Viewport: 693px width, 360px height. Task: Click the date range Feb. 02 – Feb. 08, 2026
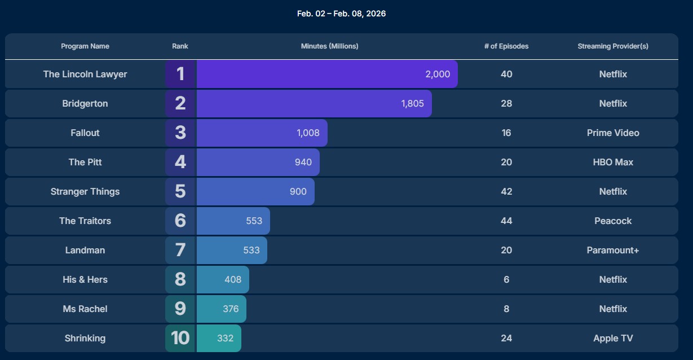(x=341, y=14)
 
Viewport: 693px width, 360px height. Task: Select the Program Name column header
(x=85, y=46)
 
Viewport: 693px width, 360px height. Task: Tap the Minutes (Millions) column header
(x=329, y=46)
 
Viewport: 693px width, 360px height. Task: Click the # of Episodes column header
(x=506, y=46)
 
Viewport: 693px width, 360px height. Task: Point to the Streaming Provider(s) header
(x=613, y=46)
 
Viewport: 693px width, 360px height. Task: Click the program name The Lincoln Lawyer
(x=85, y=74)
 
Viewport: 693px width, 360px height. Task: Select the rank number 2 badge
(x=180, y=104)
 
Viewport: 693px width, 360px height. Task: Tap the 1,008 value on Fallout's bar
(x=308, y=133)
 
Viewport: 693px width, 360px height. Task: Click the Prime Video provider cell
(x=613, y=133)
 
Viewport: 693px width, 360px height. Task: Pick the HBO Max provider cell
(x=613, y=163)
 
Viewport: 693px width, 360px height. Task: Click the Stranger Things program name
(x=85, y=192)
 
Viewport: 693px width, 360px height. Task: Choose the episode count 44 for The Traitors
(x=506, y=221)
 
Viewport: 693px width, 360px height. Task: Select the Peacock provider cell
(x=613, y=221)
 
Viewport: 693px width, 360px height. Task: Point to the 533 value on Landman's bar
(x=251, y=251)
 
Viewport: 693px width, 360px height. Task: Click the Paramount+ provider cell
(x=613, y=251)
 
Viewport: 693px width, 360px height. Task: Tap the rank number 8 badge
(x=180, y=280)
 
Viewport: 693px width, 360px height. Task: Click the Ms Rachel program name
(x=85, y=309)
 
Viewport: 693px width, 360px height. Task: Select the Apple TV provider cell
(x=613, y=339)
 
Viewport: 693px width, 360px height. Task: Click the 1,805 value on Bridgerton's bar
(x=412, y=104)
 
